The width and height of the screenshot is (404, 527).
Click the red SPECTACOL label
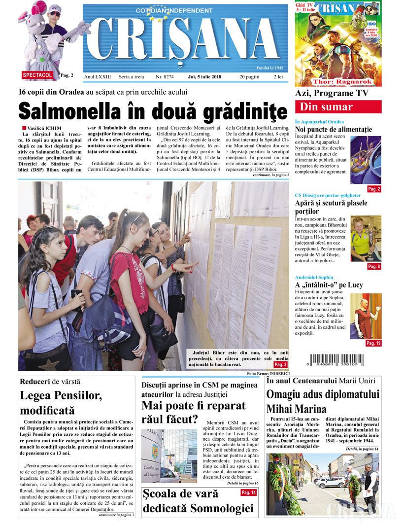37,75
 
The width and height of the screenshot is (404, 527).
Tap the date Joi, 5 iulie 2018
204,77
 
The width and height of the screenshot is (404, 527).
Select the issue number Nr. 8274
165,77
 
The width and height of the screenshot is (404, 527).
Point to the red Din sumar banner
338,107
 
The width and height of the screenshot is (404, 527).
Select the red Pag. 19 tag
373,343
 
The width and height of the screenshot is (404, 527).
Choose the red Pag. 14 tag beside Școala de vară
248,492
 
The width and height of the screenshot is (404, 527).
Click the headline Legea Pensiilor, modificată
61,402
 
